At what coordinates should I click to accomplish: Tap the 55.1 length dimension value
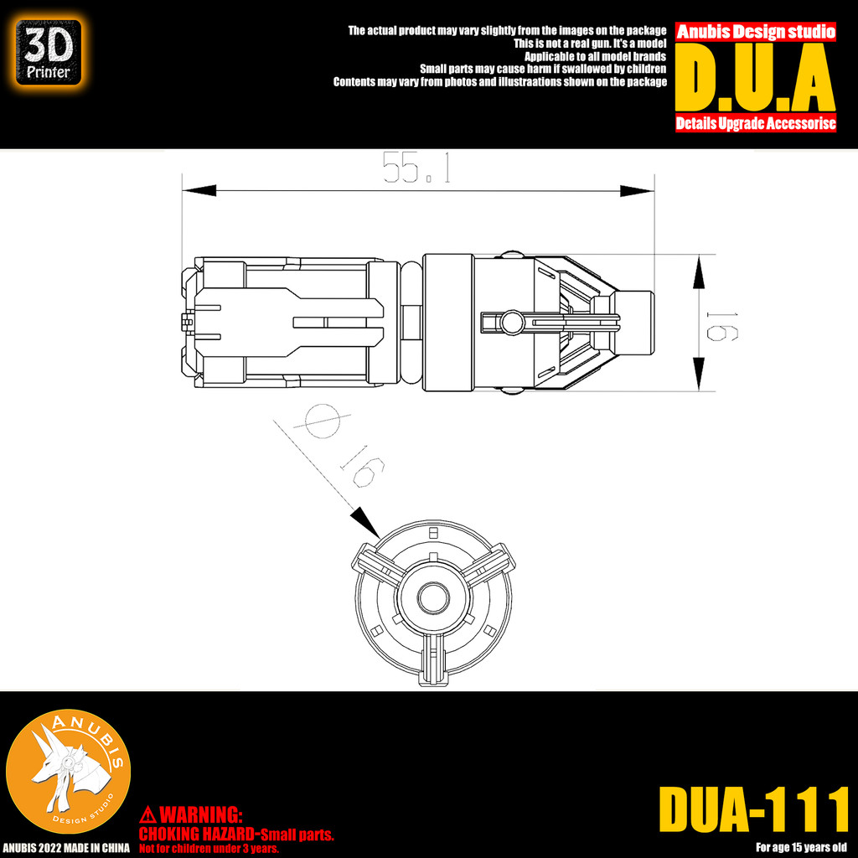(x=416, y=168)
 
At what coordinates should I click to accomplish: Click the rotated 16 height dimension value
(x=718, y=323)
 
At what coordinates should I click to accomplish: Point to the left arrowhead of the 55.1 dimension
(x=199, y=191)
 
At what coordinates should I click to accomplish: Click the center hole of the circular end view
(x=432, y=598)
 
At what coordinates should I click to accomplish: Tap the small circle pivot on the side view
(x=509, y=320)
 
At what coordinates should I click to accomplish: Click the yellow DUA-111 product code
(x=754, y=809)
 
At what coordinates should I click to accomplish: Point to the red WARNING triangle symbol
(x=147, y=814)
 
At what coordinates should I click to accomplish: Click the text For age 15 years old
(x=802, y=846)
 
